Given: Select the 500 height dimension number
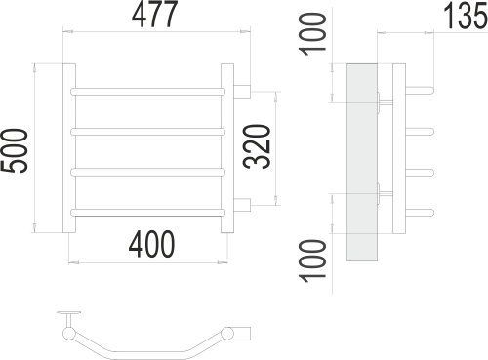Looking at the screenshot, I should (x=16, y=151).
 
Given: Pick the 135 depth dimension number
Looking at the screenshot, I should (x=459, y=17).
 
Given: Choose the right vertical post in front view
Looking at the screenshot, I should (x=226, y=149).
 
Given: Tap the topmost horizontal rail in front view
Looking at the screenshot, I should (x=148, y=92).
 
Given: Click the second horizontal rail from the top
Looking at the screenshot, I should (x=148, y=131).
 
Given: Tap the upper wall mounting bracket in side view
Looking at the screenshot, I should (x=384, y=102).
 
